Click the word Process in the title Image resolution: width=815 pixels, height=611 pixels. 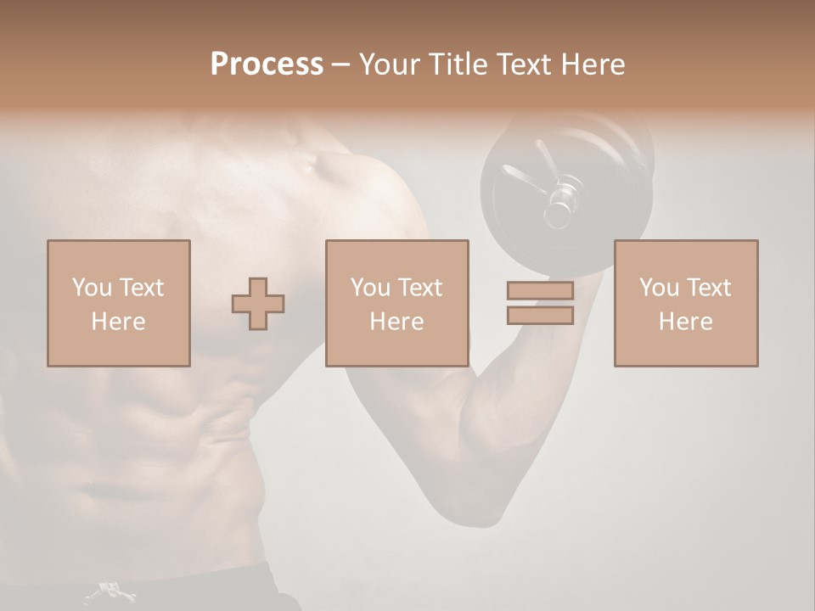click(x=267, y=64)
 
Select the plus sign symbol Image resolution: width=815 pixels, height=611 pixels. click(x=258, y=304)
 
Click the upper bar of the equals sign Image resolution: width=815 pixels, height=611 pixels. click(x=540, y=291)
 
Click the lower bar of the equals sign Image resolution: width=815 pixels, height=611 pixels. click(x=540, y=316)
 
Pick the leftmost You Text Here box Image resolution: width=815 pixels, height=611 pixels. click(x=118, y=303)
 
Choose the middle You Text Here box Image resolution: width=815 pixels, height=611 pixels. click(x=396, y=303)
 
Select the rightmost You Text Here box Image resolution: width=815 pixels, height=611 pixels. click(x=685, y=303)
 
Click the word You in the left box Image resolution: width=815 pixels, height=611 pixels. click(x=90, y=288)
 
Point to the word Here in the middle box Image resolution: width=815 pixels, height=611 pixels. click(x=396, y=322)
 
